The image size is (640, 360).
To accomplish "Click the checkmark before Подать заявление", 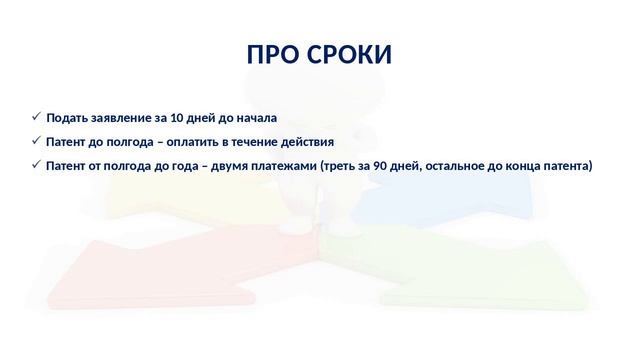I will coord(36,117).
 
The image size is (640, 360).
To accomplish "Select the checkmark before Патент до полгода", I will coord(36,141).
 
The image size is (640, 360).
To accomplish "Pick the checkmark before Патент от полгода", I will coord(36,165).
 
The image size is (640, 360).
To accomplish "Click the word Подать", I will coord(67,118).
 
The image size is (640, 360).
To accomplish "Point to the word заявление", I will coord(121,118).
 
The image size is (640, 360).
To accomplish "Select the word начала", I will coord(255,118).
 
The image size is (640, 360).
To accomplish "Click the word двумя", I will coord(235,166).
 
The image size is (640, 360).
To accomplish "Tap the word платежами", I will coord(288,166).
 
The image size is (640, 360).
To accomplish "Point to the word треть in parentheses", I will coord(338,166).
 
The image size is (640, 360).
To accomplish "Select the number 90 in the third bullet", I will coord(378,166).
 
